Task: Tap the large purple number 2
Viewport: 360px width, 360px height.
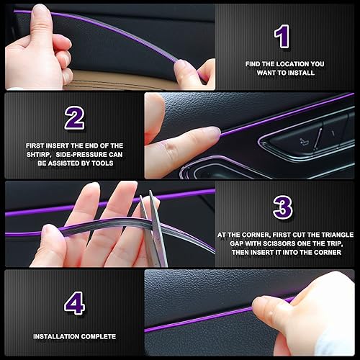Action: tap(74, 118)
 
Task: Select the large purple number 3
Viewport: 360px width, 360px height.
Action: tap(283, 207)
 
